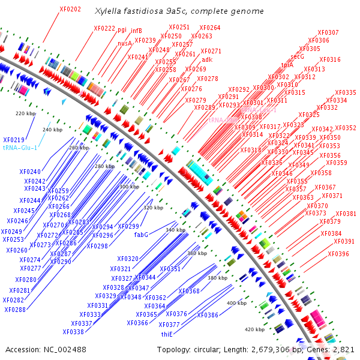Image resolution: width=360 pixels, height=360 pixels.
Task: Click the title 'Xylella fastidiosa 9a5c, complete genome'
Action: [x=179, y=11]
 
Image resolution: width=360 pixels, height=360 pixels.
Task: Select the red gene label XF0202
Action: [x=71, y=10]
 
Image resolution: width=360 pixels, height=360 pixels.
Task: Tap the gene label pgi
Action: [x=122, y=29]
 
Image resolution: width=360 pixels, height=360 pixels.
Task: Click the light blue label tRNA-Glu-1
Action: [x=20, y=148]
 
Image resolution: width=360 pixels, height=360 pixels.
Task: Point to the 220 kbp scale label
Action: [x=26, y=113]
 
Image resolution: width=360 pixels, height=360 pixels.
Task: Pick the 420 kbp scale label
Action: [x=254, y=329]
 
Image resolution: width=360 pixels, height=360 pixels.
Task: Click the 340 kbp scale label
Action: [x=176, y=230]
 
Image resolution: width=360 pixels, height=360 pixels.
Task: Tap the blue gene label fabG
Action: [x=141, y=235]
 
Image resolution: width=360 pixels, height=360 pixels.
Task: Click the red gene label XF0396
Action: [x=338, y=254]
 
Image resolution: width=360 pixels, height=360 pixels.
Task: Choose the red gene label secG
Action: [x=298, y=56]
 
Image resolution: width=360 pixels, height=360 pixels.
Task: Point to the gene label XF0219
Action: [x=14, y=139]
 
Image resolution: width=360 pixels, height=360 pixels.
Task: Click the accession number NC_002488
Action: [x=58, y=349]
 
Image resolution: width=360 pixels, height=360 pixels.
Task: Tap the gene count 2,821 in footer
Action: [x=344, y=349]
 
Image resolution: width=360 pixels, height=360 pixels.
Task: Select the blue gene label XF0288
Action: [x=15, y=310]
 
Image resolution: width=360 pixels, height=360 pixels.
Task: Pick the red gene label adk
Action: [x=207, y=59]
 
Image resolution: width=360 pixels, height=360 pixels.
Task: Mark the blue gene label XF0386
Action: [x=208, y=315]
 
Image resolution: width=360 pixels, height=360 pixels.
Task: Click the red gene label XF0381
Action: [x=346, y=214]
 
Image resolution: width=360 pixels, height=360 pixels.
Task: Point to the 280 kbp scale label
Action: [x=104, y=166]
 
